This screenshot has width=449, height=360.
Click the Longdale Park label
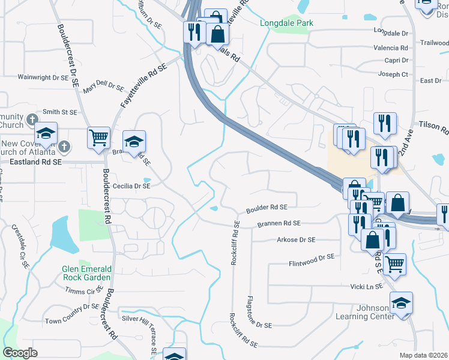coord(287,23)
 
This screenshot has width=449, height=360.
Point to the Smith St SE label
coord(60,112)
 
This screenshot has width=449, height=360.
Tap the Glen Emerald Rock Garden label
coord(86,273)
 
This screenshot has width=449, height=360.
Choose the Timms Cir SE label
coord(84,291)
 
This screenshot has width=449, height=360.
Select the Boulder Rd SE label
coord(267,208)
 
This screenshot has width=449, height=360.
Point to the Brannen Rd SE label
coord(279,223)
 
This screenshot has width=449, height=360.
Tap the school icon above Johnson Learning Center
coord(401,304)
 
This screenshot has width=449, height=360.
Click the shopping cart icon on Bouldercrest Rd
coord(98,137)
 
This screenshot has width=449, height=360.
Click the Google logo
coord(20,353)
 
